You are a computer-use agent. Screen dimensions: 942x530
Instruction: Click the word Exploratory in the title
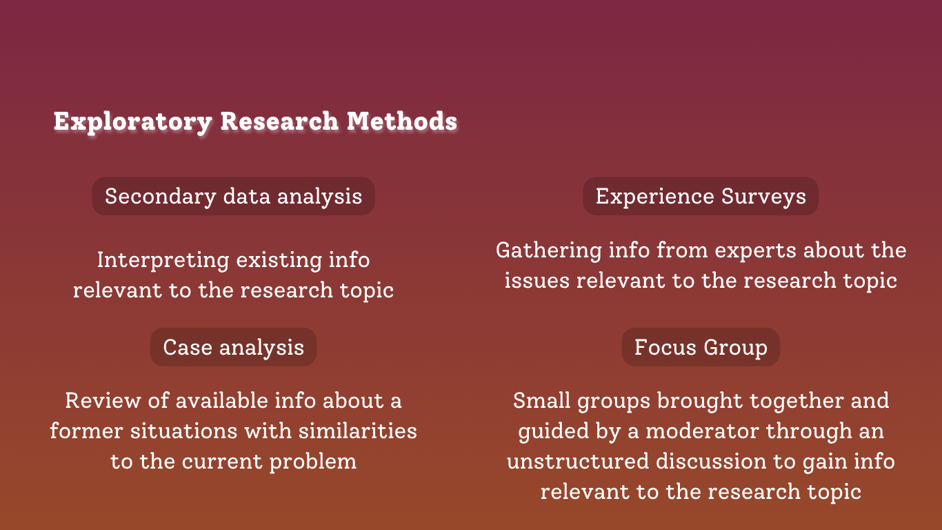(x=133, y=122)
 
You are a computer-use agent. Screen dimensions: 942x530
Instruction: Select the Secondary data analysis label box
(x=233, y=196)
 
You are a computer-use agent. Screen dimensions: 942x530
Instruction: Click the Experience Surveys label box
(x=701, y=196)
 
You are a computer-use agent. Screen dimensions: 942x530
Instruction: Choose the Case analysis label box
(x=233, y=347)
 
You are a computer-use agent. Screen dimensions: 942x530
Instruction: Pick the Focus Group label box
(x=701, y=347)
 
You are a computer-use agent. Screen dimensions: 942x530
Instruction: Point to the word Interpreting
(x=163, y=260)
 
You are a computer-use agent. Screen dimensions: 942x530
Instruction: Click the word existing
(x=279, y=260)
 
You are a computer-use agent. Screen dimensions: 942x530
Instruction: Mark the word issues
(x=537, y=280)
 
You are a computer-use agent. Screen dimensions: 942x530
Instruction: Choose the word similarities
(x=358, y=431)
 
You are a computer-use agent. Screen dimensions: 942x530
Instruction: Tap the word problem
(x=313, y=462)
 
